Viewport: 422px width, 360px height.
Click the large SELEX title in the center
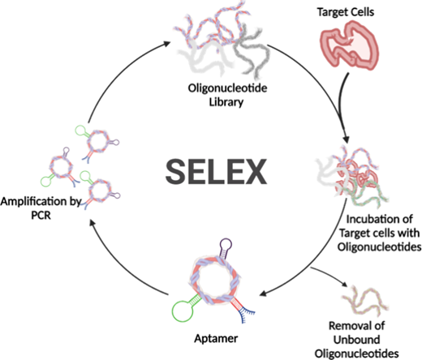pos(216,172)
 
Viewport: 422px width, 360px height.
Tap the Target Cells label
pos(346,12)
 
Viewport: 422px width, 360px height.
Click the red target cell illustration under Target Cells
pos(349,45)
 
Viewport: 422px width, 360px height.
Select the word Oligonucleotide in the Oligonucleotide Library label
pos(227,88)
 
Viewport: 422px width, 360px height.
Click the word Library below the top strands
pos(226,102)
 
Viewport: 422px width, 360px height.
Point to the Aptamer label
pos(216,338)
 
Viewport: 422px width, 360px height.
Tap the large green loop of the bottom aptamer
pos(183,311)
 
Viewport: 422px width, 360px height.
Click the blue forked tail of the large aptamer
pos(246,315)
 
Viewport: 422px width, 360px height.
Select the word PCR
pos(41,216)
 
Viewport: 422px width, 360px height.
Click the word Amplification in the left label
pos(33,202)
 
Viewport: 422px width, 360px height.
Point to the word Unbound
pos(356,340)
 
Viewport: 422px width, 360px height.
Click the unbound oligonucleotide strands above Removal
pos(365,301)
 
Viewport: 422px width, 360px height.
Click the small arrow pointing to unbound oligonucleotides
pos(329,275)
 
